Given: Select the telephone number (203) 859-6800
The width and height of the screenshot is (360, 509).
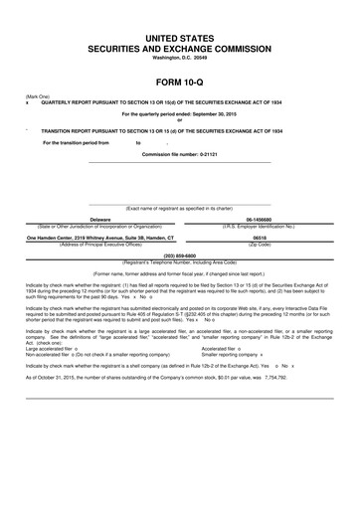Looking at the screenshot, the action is (179, 254).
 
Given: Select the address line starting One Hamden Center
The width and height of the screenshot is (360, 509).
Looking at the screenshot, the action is (99, 239).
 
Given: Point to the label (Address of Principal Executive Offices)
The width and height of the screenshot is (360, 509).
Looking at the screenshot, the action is (99, 245).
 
